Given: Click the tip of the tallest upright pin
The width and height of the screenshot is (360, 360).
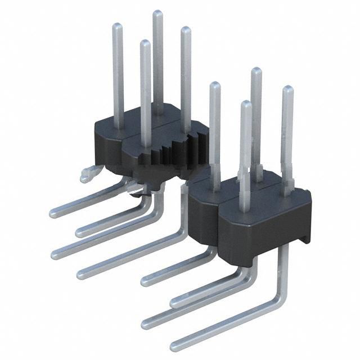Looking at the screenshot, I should click(158, 13).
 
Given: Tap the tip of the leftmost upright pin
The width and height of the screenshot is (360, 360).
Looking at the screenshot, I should click(118, 26).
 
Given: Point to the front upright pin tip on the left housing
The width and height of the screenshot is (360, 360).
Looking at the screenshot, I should click(145, 43).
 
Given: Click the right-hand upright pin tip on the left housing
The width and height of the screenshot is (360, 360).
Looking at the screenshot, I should click(185, 30).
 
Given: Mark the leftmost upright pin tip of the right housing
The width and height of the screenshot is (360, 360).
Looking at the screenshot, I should click(214, 85).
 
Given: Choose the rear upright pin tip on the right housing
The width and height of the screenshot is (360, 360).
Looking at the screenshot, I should click(256, 71).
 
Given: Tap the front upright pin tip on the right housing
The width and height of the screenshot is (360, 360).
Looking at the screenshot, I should click(245, 104).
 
